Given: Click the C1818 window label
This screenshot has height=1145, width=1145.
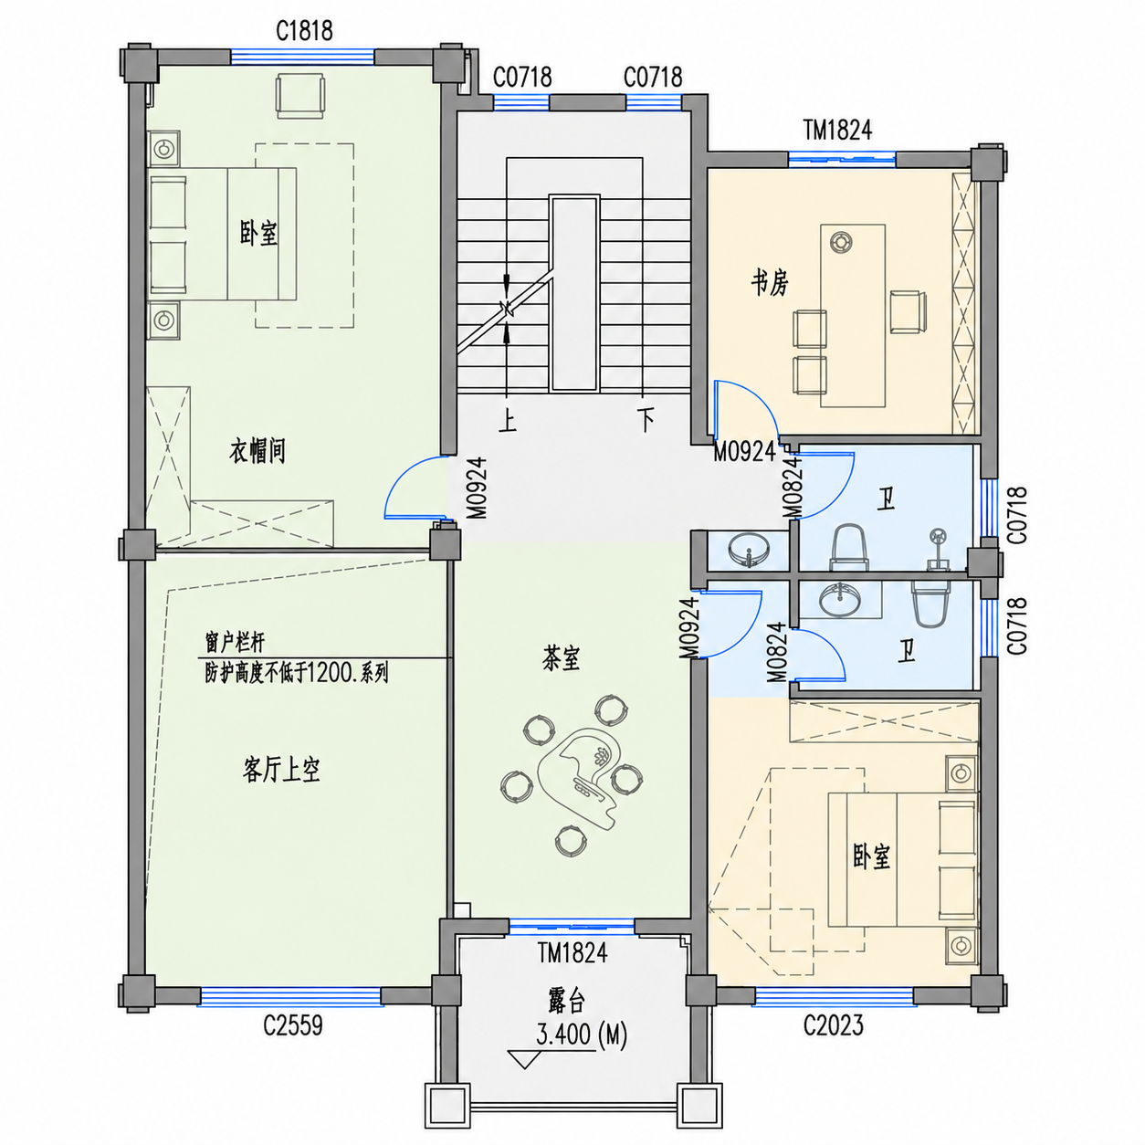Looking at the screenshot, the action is pos(304,30).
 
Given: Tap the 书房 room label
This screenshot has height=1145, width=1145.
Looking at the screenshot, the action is pos(770,283).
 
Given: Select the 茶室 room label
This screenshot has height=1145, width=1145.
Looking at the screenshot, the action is pos(561,657).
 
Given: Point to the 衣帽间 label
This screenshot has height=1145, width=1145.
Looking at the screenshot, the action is pos(257,451).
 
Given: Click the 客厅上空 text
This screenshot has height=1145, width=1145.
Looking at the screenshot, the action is pos(281,770).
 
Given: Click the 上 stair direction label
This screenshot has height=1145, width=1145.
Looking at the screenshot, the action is pos(507,421).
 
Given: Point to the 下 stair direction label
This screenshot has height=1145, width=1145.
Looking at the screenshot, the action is pos(646,420).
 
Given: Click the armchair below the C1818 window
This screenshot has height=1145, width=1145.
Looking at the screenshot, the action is pos(300,96).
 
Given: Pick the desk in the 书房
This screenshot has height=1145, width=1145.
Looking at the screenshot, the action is pos(853,316).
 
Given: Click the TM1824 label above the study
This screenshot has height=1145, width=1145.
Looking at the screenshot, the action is pos(838,131).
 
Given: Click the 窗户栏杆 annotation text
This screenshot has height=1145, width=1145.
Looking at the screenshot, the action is pos(235,643).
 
